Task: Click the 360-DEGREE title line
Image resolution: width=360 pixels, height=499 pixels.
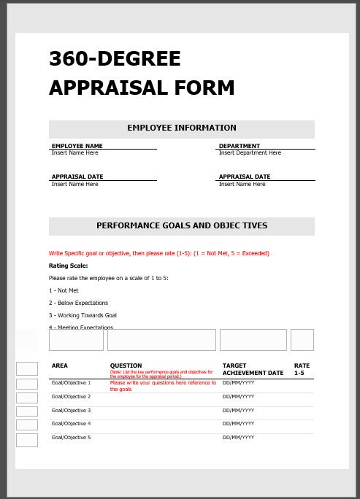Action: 115,59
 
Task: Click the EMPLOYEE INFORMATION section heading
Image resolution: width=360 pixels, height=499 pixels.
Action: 182,128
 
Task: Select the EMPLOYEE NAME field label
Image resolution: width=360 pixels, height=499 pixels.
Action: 77,146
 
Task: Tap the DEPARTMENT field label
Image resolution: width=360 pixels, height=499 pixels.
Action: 239,146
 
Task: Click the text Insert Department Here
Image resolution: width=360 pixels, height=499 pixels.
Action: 250,153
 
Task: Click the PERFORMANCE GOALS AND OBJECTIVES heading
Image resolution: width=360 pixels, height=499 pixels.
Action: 182,226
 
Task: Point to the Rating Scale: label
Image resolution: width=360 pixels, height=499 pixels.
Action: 68,266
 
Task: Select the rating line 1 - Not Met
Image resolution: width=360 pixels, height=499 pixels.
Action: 64,290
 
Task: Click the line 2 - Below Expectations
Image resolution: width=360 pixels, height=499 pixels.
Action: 78,303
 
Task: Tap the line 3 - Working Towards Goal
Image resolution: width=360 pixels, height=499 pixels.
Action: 83,315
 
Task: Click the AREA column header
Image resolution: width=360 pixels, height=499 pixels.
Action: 60,365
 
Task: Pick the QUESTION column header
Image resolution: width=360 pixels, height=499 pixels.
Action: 126,365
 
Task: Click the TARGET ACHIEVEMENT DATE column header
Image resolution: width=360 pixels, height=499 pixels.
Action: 253,369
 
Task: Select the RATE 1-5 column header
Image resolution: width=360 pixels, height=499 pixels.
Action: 302,369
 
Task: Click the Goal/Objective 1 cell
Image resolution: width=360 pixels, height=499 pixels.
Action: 71,382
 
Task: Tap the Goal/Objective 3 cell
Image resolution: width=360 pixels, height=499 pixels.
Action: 71,410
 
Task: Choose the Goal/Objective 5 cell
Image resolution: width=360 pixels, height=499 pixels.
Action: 71,437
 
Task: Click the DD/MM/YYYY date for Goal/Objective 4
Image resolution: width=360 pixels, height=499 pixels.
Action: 238,424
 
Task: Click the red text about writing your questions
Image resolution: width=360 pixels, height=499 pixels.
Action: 162,385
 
